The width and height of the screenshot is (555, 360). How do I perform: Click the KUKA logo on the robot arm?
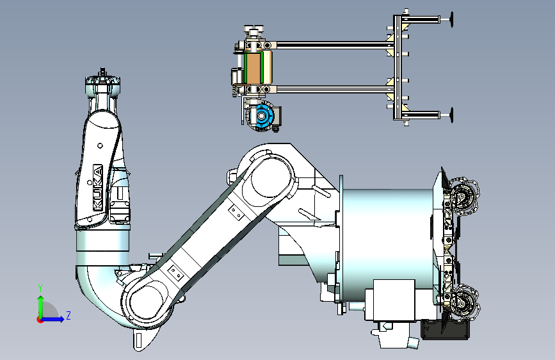coord(98,188)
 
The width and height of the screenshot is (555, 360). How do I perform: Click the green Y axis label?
coord(40,288)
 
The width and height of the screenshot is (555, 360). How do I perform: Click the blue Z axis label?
coord(68,315)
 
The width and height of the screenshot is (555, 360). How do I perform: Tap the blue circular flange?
coord(262,115)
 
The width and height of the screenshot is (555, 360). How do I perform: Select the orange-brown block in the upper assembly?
coord(253,69)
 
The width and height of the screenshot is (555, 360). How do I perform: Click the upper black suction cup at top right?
coord(452,19)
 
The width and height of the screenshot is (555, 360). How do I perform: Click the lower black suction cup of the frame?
coord(452,115)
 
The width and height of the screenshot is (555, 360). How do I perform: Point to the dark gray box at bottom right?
coord(446,329)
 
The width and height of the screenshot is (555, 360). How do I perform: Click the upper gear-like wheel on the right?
coord(463,197)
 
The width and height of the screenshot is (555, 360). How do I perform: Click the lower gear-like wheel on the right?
coord(463,304)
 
